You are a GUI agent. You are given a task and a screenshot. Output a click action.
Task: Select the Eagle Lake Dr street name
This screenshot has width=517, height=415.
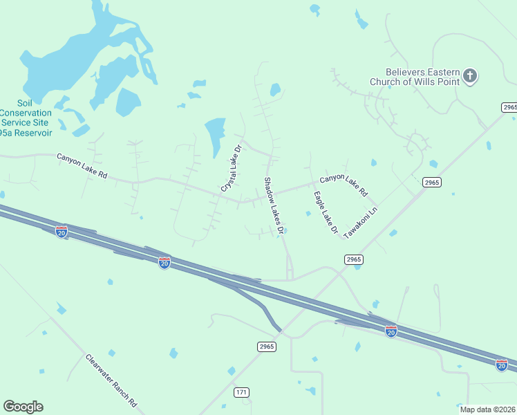click(325, 212)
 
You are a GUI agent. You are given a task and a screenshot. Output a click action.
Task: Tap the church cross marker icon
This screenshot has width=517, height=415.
click(470, 75)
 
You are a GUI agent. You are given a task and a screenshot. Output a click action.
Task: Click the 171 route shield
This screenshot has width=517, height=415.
click(241, 392)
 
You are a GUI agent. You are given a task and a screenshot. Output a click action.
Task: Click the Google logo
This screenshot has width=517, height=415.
click(23, 407)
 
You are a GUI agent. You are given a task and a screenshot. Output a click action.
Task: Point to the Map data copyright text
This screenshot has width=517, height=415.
click(488, 409)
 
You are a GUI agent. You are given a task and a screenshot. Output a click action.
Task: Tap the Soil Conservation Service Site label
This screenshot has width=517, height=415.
click(26, 113)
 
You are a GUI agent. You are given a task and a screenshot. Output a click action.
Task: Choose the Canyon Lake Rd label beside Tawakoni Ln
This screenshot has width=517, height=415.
click(344, 183)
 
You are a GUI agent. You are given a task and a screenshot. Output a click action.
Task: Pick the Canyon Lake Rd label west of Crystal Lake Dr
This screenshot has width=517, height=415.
click(82, 166)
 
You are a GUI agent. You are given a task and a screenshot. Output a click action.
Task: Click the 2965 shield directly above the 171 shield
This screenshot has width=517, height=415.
click(267, 347)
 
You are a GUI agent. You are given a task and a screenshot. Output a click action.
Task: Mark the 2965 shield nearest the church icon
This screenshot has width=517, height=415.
click(509, 107)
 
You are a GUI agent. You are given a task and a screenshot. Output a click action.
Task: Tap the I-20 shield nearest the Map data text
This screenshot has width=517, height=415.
click(502, 364)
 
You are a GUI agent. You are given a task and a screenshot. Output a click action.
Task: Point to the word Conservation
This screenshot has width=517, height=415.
click(26, 113)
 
